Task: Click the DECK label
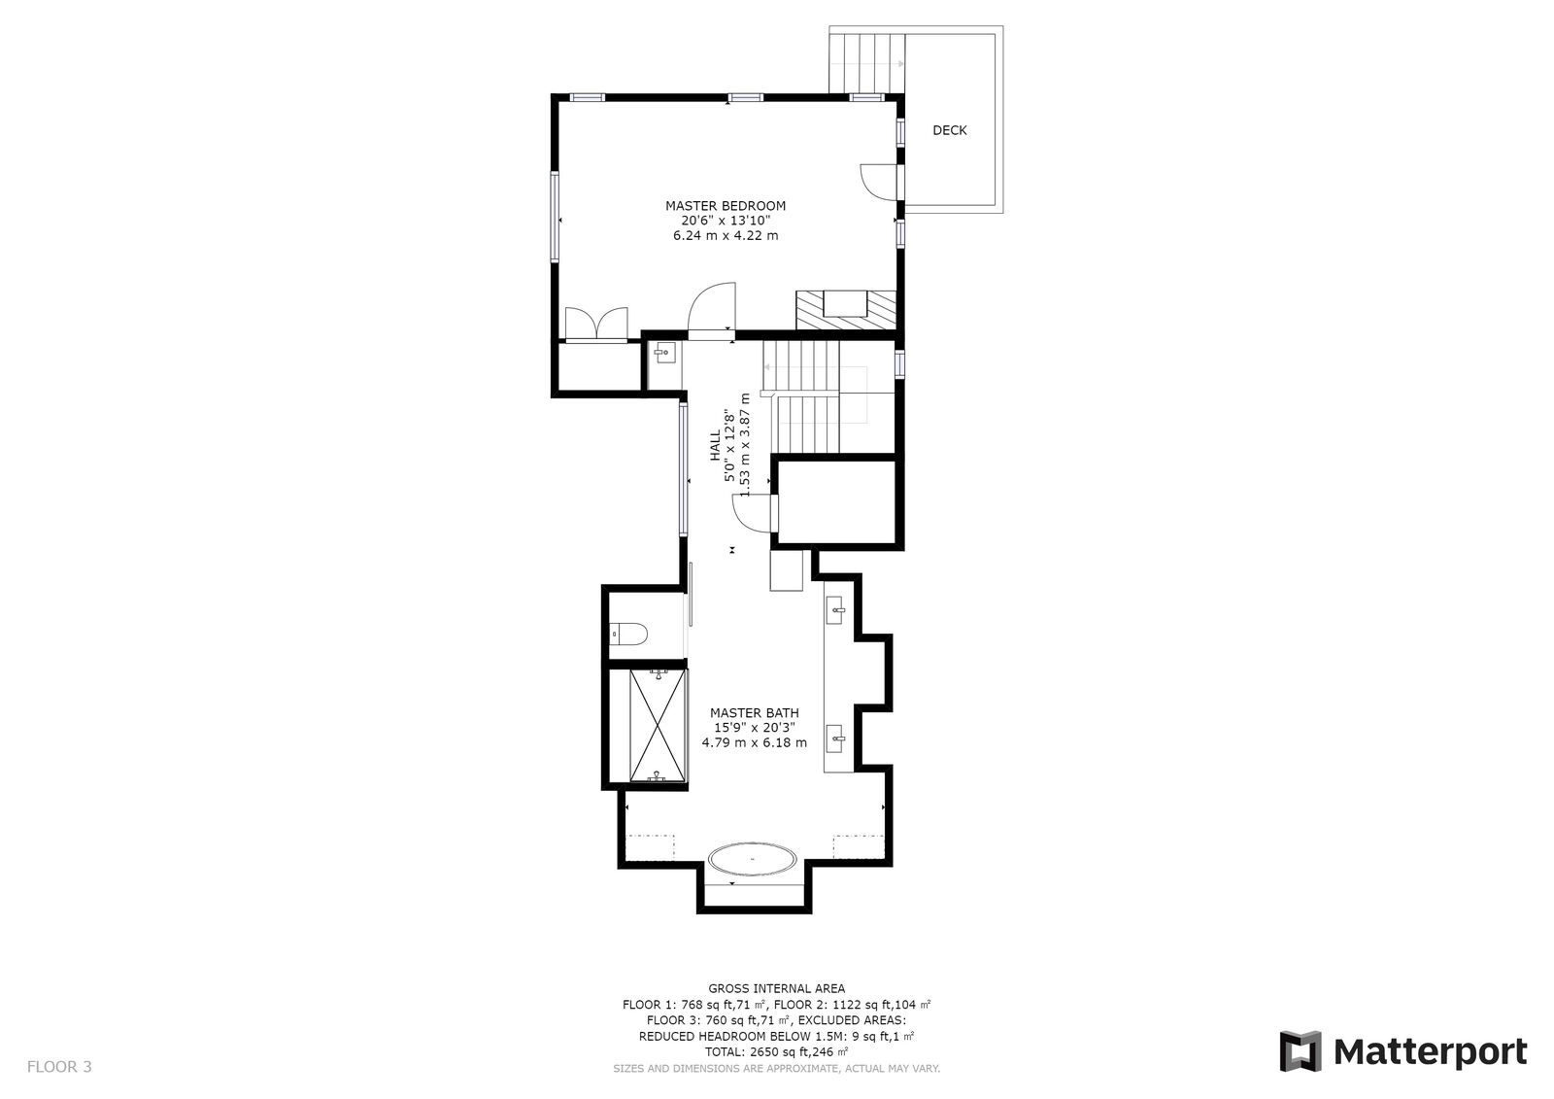[x=949, y=130]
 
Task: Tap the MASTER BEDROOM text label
[x=725, y=206]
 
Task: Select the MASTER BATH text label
[x=754, y=712]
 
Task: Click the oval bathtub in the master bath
[x=753, y=860]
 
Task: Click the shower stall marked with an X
[x=658, y=726]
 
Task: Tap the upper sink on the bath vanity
[x=837, y=612]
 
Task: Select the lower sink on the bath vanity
[x=837, y=739]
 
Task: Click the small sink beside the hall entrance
[x=663, y=352]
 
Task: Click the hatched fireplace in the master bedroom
[x=845, y=309]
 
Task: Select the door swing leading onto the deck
[x=877, y=182]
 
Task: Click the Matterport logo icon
[x=1300, y=1051]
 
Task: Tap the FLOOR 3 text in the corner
[x=59, y=1066]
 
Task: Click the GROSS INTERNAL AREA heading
[x=776, y=988]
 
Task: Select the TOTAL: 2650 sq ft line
[x=776, y=1051]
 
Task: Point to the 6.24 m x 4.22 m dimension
[x=725, y=235]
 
